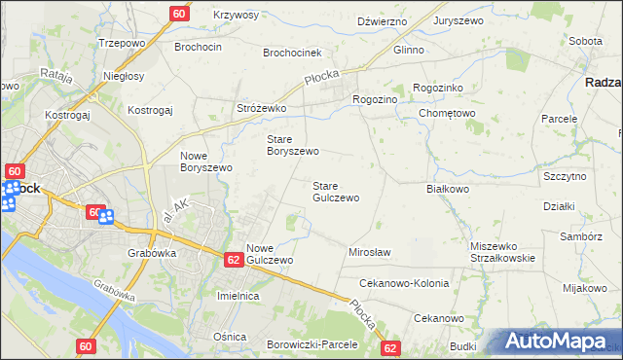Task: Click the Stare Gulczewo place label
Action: click(x=336, y=191)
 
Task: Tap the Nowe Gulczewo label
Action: click(x=270, y=254)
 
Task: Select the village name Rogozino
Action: click(x=376, y=98)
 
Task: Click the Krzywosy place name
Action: click(x=236, y=15)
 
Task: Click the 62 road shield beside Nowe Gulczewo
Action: click(x=233, y=260)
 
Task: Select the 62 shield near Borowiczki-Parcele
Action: click(x=390, y=347)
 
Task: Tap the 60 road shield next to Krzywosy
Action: click(x=179, y=14)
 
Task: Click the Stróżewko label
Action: click(x=261, y=108)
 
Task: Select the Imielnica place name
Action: click(x=238, y=295)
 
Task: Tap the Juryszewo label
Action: click(x=460, y=19)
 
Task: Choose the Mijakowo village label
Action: click(x=584, y=288)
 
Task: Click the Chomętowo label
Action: click(x=447, y=113)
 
